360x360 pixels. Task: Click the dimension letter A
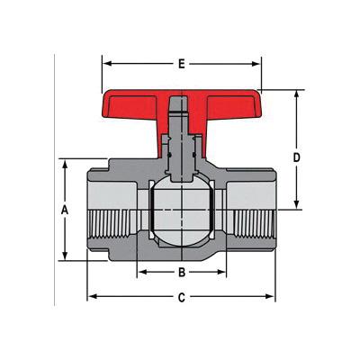coord(65,210)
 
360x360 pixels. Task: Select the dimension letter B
coord(182,273)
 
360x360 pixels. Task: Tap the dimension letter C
coord(181,298)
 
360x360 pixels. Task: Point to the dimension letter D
coord(296,157)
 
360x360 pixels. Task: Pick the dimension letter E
coord(181,64)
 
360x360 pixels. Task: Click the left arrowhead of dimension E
coord(107,64)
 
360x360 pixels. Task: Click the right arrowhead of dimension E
coord(256,64)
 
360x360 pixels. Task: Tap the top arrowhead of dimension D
coord(296,95)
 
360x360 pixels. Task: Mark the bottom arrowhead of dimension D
coord(296,204)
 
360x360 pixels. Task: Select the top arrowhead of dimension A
coord(65,166)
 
